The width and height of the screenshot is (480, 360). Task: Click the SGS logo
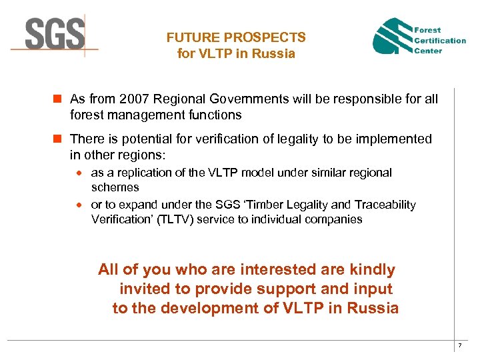tap(55, 33)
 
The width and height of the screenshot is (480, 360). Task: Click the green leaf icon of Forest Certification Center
tap(392, 37)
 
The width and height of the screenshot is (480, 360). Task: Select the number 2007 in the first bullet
tap(133, 99)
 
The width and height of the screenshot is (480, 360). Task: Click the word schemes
tap(115, 187)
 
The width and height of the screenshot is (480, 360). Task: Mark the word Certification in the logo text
tap(440, 40)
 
